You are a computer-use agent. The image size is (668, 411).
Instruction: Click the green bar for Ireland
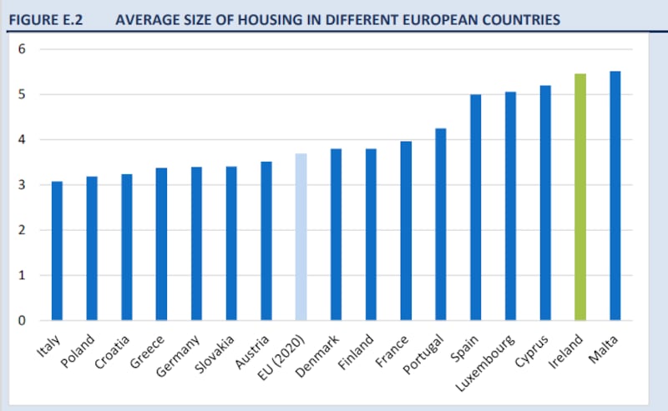(580, 197)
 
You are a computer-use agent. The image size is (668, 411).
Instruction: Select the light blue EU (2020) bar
(301, 237)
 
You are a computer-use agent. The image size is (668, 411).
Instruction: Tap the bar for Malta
(615, 196)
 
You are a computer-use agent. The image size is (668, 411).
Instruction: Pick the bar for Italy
(57, 251)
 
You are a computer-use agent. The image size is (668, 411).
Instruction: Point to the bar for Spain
(475, 208)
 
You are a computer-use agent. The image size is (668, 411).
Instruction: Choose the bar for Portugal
(441, 224)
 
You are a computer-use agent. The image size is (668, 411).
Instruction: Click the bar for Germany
(196, 243)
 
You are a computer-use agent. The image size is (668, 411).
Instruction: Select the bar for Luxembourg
(510, 206)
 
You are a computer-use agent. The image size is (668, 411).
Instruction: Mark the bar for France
(406, 231)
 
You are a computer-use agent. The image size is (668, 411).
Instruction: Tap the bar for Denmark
(336, 234)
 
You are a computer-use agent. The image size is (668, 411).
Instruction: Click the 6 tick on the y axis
(23, 49)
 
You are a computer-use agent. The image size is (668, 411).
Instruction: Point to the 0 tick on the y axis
(23, 320)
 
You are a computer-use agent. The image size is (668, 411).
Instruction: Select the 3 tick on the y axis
(23, 185)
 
